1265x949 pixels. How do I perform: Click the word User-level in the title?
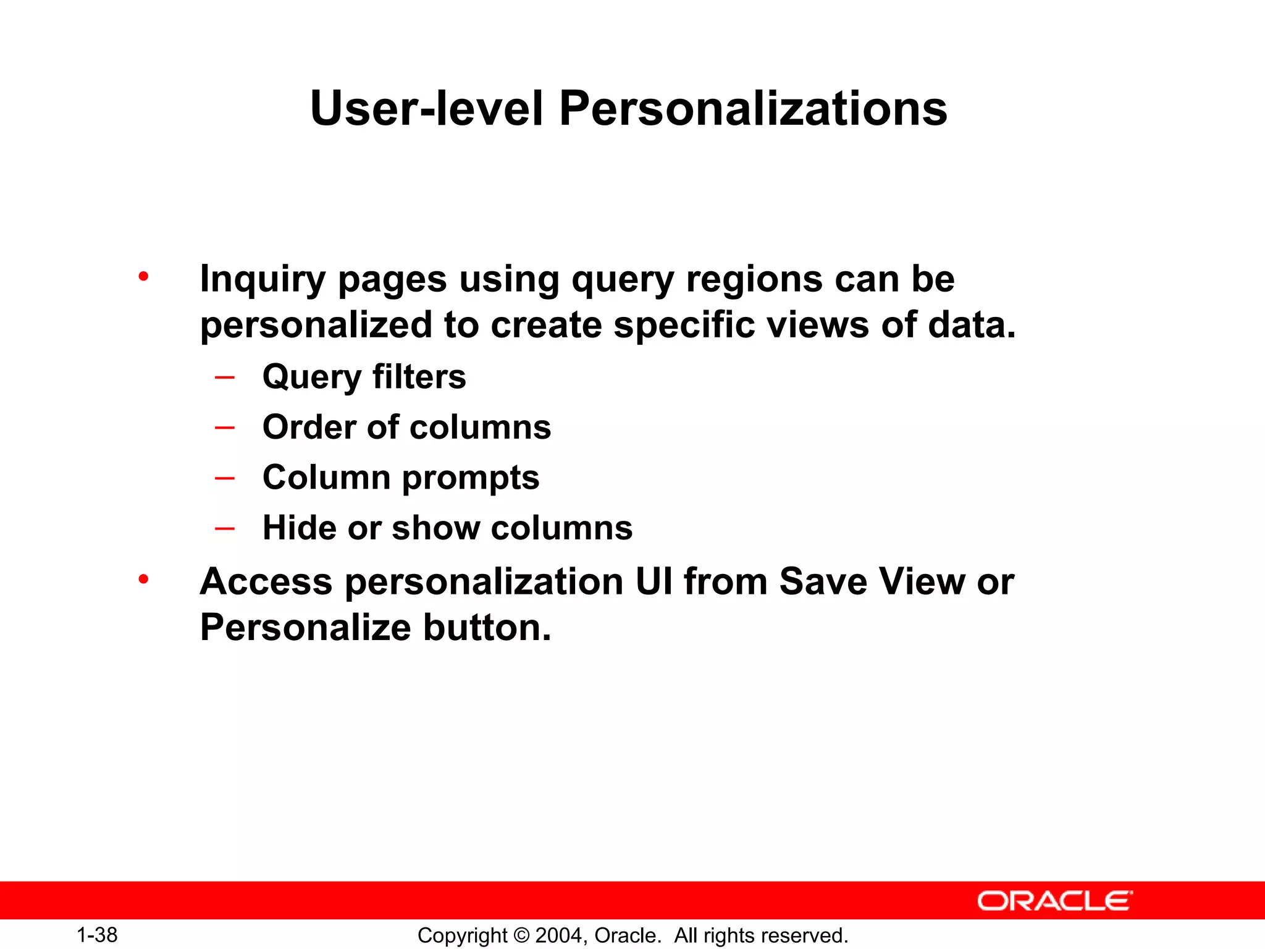coord(427,109)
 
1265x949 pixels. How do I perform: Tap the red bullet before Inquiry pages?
coord(143,276)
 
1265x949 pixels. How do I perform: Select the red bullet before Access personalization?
coord(143,580)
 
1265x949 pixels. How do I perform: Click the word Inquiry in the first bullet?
coord(262,280)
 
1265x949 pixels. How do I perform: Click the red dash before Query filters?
coord(224,376)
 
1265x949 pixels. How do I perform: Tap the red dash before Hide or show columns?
coord(224,528)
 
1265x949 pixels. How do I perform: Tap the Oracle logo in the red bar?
coord(1054,901)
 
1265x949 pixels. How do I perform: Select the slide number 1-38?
coord(97,935)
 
